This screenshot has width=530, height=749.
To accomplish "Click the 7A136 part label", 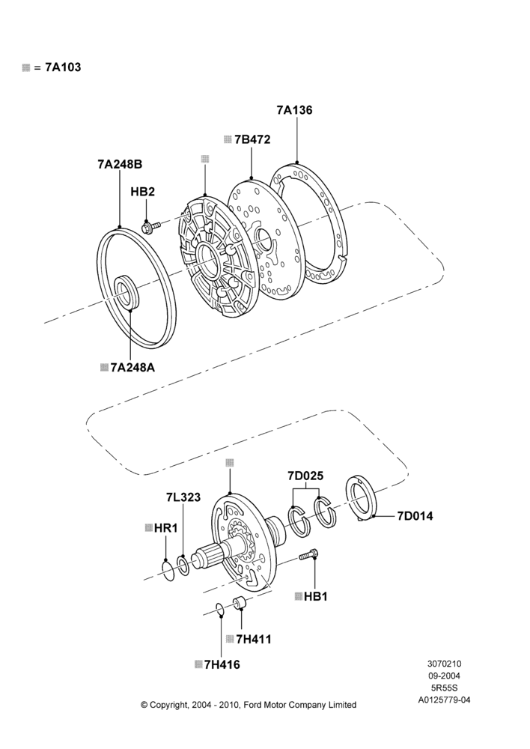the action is click(x=294, y=110).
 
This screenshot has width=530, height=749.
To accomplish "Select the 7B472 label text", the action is click(x=252, y=139).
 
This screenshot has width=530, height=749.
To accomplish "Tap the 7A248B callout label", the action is click(x=120, y=164).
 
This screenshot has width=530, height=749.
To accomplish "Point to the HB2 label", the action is click(x=143, y=192).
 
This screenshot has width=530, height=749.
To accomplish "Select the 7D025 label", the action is click(x=305, y=476).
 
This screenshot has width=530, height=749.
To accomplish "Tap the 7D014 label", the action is click(x=415, y=516).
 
